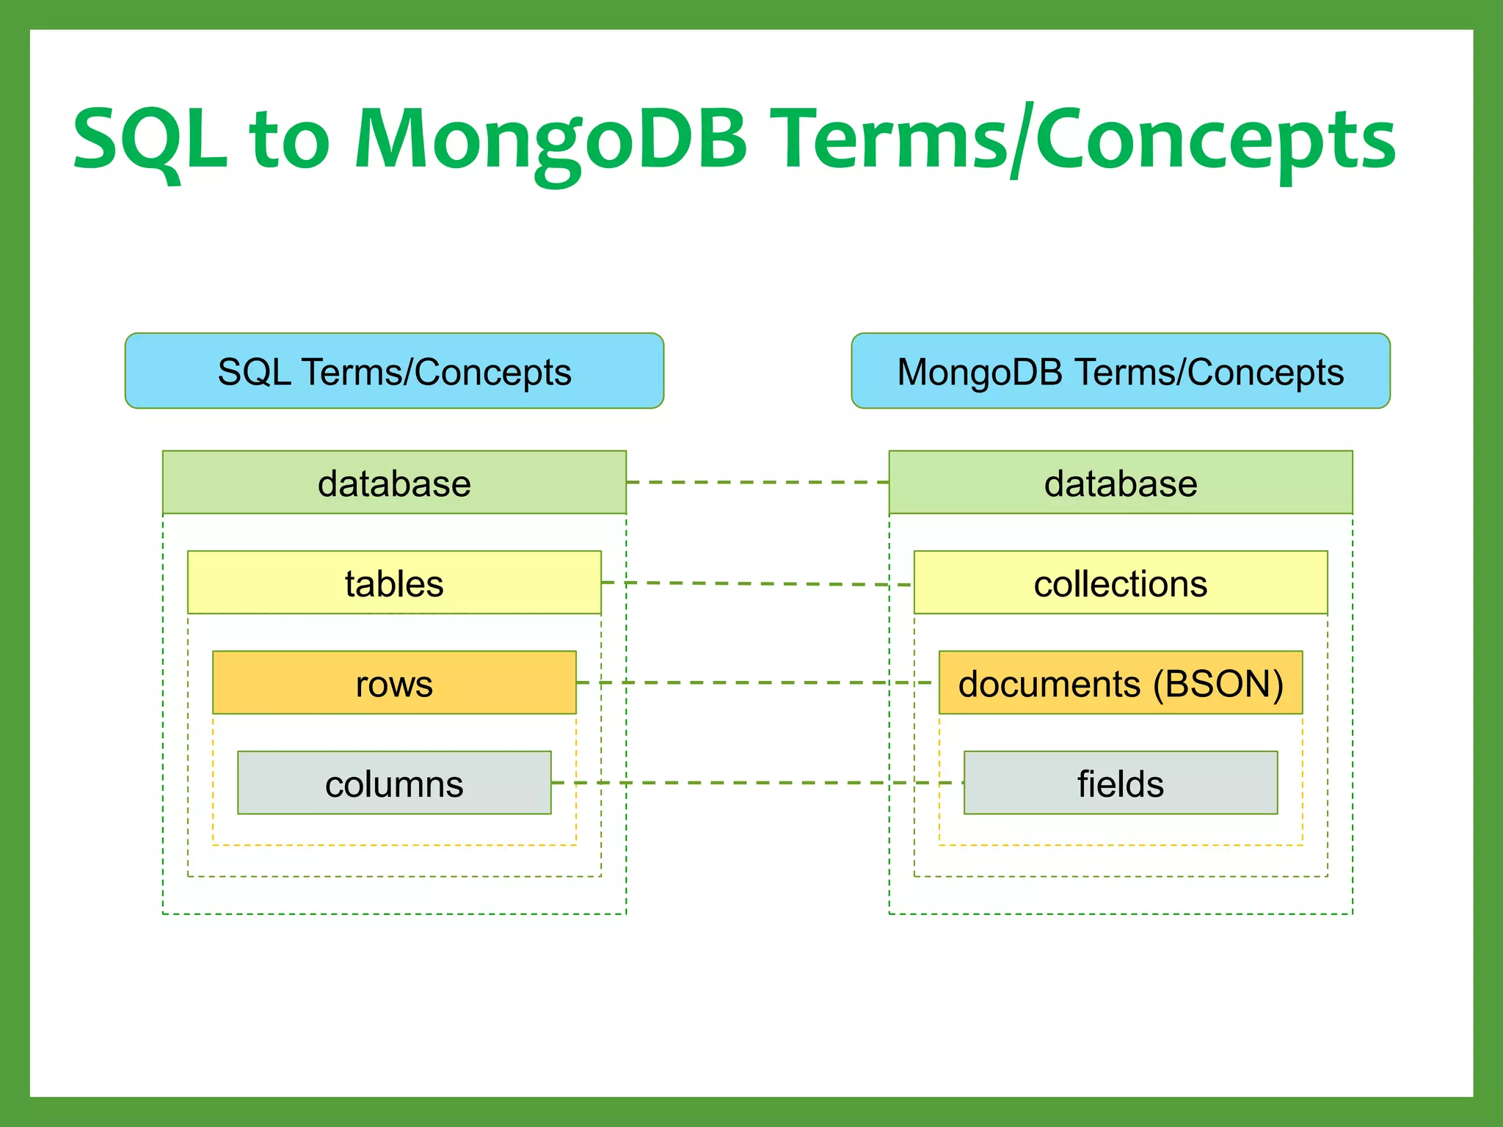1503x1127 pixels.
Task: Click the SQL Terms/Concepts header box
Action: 394,371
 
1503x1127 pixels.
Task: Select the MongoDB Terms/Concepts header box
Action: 1120,371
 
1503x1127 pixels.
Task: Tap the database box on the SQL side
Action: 394,482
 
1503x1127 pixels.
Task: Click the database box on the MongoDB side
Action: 1120,482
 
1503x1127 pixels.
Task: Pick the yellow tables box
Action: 394,583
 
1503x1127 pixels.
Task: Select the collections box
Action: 1120,583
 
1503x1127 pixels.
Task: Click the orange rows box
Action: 394,682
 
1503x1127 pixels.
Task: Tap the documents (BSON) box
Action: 1120,682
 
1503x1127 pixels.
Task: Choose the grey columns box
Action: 394,783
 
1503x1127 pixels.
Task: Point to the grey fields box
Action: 1120,783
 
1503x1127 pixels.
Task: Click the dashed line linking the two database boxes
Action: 757,482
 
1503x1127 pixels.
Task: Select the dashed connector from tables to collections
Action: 757,584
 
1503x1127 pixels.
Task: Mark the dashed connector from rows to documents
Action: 757,682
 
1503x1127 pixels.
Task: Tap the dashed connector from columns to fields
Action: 757,783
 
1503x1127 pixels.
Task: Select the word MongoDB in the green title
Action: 550,139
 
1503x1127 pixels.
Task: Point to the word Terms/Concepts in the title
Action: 1086,139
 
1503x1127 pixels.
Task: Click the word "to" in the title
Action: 290,139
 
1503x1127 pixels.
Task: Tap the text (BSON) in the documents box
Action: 1218,684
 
